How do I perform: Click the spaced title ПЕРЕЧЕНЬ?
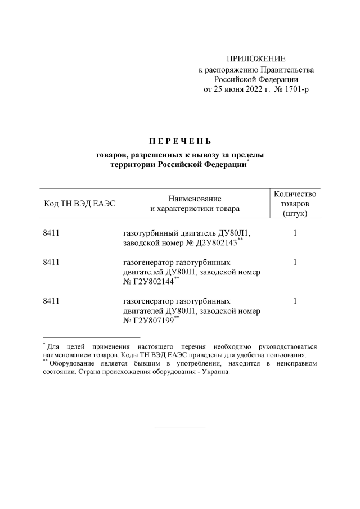point(179,140)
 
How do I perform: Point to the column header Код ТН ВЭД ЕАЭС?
point(79,203)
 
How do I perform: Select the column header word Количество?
point(295,193)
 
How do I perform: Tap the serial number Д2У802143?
point(212,242)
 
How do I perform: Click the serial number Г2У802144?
point(152,282)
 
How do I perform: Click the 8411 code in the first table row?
point(51,233)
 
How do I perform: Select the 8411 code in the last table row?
point(51,301)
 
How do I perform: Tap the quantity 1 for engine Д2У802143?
point(295,233)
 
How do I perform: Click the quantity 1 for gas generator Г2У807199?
point(295,301)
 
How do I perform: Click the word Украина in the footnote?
point(214,372)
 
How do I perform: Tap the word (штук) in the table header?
point(295,213)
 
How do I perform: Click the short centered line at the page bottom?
point(179,427)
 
